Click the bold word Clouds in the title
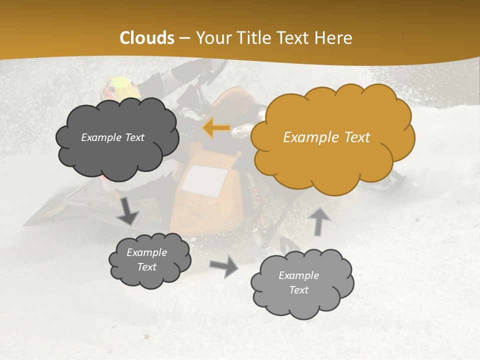(147, 38)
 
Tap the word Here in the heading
(333, 38)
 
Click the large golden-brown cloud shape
(332, 137)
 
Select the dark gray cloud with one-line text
(116, 137)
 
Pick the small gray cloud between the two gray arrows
(149, 260)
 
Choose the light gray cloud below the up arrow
(301, 283)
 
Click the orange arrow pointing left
(216, 128)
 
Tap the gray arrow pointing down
(128, 210)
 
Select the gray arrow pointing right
(224, 266)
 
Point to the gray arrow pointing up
(319, 221)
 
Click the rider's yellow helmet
(120, 88)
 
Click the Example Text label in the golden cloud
(326, 137)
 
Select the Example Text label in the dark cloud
(112, 137)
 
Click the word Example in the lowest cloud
(298, 275)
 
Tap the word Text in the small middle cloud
(146, 267)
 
